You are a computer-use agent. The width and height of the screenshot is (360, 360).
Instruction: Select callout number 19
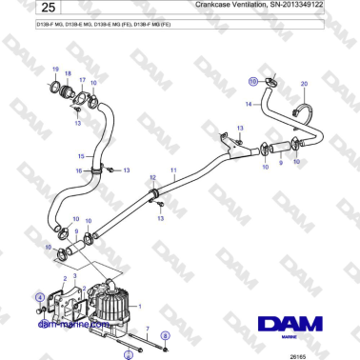(x=55, y=70)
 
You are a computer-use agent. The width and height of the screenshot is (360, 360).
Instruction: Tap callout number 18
(x=67, y=72)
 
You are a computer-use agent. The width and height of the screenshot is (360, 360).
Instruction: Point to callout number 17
(x=81, y=81)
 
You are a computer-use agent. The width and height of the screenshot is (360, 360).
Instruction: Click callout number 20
(x=304, y=84)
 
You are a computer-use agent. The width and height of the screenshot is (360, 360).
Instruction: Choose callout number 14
(x=249, y=102)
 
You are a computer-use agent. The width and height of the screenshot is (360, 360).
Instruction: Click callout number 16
(x=81, y=170)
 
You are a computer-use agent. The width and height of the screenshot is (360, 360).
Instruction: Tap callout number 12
(x=152, y=178)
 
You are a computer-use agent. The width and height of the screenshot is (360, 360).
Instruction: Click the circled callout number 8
(x=164, y=336)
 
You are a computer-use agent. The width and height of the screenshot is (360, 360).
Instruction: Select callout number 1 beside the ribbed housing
(x=141, y=307)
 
